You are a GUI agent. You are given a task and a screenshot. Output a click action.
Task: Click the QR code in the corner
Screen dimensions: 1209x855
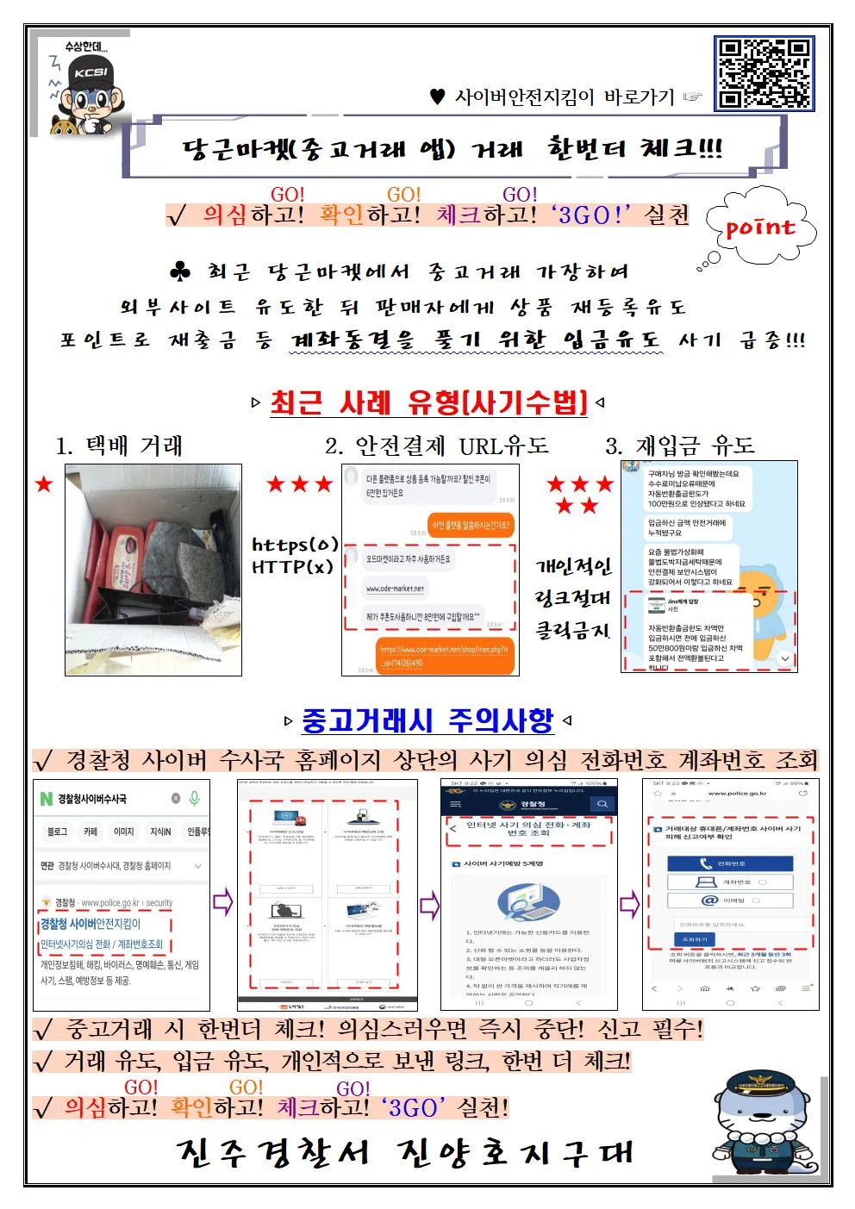[x=764, y=74]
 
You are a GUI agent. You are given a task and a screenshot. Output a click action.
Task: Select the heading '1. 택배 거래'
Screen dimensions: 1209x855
[x=119, y=446]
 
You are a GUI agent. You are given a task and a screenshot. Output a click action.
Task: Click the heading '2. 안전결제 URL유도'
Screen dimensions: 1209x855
[x=436, y=446]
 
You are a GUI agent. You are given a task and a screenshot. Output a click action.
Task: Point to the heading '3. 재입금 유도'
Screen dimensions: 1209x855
[x=679, y=446]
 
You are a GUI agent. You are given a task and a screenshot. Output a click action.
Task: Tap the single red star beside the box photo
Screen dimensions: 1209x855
[x=44, y=484]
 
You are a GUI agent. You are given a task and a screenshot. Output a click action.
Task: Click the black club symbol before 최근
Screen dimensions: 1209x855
[x=180, y=272]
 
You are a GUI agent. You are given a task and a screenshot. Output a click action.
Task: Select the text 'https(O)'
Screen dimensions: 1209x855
[x=295, y=545]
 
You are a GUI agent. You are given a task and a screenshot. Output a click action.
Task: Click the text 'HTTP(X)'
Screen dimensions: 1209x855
[x=292, y=566]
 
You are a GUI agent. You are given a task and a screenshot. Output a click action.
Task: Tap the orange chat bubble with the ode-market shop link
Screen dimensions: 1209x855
[x=446, y=656]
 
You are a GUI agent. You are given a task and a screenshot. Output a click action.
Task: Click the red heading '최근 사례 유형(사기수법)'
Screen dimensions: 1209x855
[x=428, y=402]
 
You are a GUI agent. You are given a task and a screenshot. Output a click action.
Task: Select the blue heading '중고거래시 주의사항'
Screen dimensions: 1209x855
[x=427, y=720]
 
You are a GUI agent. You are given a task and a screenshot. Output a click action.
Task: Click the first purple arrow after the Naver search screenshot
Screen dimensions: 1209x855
[x=223, y=902]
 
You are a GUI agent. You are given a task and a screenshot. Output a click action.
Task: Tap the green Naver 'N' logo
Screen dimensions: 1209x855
[x=47, y=799]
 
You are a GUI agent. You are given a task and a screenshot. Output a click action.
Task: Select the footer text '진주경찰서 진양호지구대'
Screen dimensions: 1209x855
[x=405, y=1153]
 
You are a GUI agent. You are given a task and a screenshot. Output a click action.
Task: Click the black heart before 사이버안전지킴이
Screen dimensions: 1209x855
[x=437, y=97]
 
